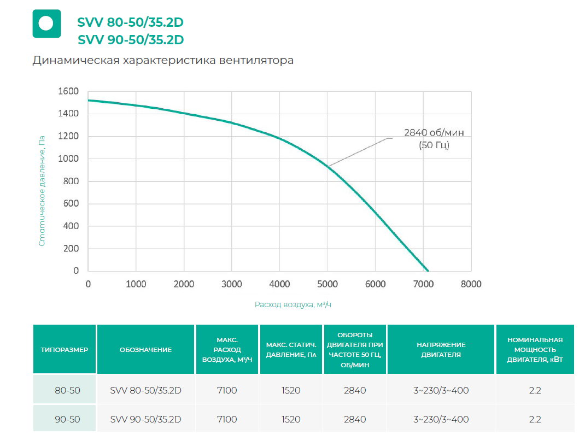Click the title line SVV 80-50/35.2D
point(131,24)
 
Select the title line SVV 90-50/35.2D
point(131,40)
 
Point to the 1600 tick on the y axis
point(68,91)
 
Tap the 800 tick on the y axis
point(72,181)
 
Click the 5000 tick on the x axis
point(327,284)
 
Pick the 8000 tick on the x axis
point(471,284)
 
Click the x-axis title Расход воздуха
point(293,304)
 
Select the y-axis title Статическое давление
point(42,191)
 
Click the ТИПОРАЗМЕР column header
point(65,350)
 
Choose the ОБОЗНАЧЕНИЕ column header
point(145,350)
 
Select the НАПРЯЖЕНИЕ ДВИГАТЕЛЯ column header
point(441,350)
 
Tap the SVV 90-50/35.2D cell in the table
point(145,419)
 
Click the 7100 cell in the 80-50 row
point(227,390)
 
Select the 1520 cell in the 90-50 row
point(291,419)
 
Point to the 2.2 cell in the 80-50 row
point(535,390)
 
